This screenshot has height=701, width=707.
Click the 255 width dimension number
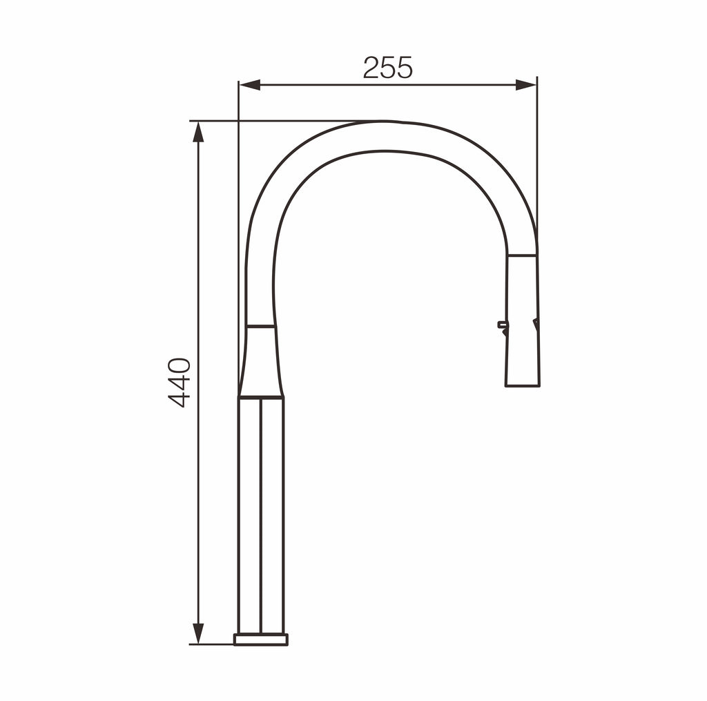click(x=388, y=68)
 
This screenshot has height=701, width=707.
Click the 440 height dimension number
click(x=179, y=383)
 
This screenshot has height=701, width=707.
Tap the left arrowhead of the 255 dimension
click(x=250, y=85)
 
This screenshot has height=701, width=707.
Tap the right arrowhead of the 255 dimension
click(x=525, y=85)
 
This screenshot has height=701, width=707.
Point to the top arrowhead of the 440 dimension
click(x=198, y=132)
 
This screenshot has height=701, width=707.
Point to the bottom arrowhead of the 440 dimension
click(x=198, y=634)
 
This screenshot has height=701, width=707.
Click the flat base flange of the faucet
click(x=260, y=640)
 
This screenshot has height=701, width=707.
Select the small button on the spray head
click(x=501, y=325)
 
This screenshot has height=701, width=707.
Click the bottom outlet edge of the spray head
click(x=523, y=386)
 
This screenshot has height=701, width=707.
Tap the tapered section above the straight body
click(x=261, y=362)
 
